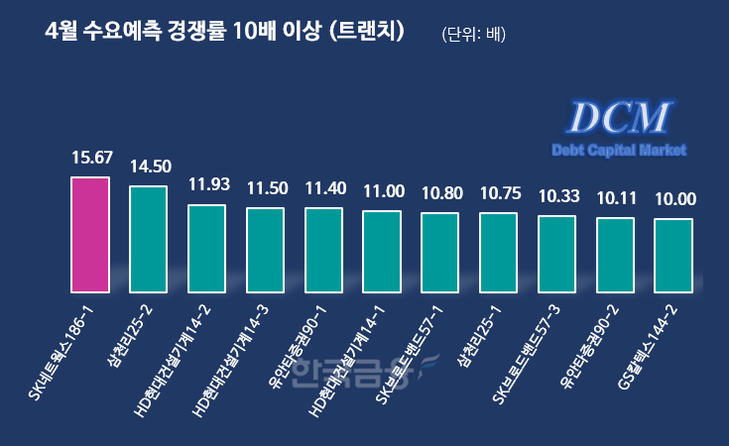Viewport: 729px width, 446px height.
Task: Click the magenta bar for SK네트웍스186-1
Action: click(90, 235)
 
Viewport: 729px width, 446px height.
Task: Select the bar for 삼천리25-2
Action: click(149, 239)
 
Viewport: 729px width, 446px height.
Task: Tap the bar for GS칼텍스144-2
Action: click(673, 256)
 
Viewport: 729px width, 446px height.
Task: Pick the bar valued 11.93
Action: click(206, 249)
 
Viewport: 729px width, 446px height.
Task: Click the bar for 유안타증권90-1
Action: click(323, 250)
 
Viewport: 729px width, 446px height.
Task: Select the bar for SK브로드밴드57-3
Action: click(556, 254)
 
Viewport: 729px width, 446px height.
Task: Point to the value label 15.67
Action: click(90, 157)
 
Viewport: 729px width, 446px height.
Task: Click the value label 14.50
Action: click(149, 167)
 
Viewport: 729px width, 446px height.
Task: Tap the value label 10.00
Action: click(673, 199)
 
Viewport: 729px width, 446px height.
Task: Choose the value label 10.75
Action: click(498, 192)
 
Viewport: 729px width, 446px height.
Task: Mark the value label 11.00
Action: click(382, 190)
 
